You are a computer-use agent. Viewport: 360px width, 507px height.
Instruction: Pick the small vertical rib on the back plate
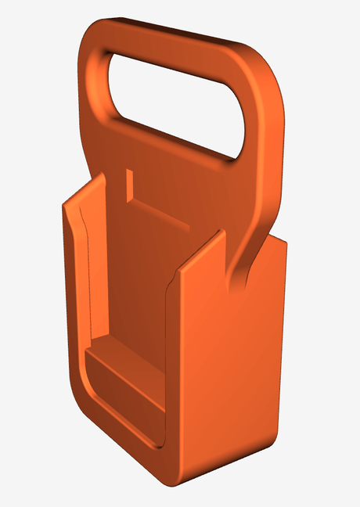(130, 184)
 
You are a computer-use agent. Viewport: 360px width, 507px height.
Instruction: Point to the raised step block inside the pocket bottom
(125, 376)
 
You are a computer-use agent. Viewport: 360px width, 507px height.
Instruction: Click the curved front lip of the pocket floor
(117, 415)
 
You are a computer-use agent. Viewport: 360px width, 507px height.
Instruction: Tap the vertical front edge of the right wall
(174, 368)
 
